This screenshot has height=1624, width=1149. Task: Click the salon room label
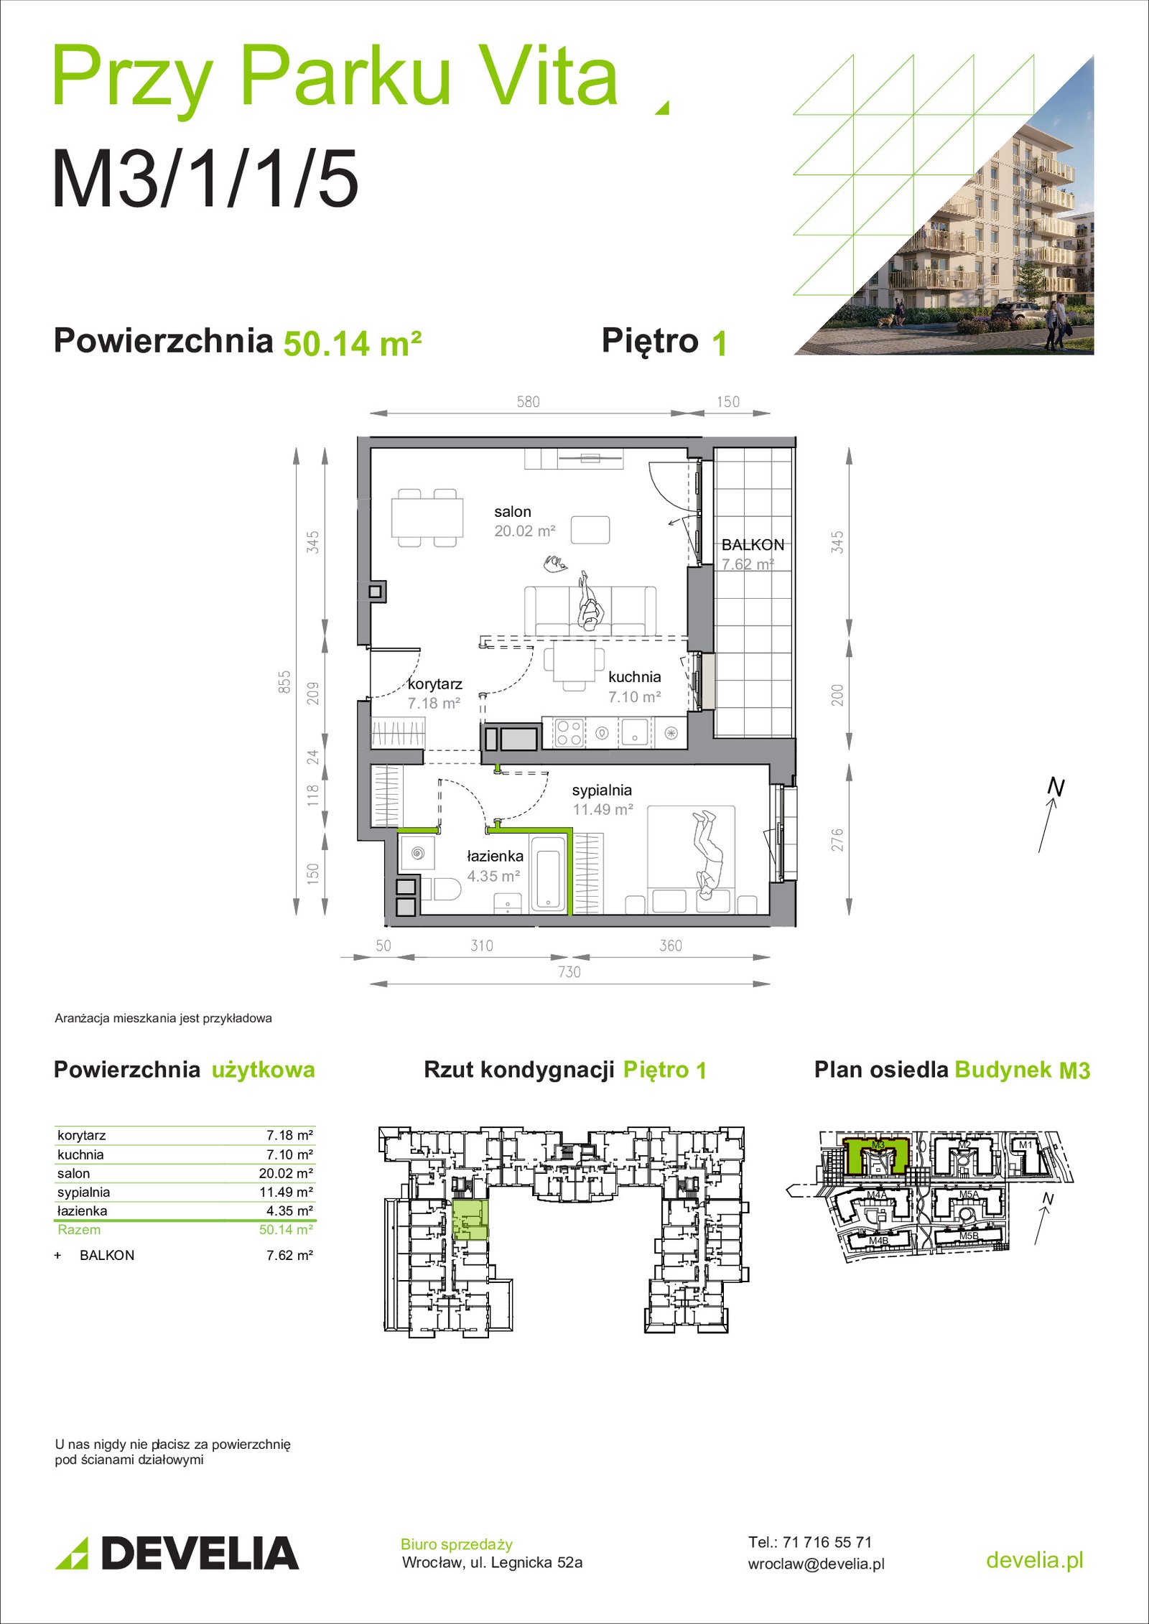point(512,512)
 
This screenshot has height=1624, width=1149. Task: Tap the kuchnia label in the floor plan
point(634,677)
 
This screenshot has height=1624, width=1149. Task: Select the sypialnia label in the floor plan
point(602,790)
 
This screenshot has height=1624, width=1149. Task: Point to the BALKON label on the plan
point(753,545)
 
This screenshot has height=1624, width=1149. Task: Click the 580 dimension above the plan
point(528,402)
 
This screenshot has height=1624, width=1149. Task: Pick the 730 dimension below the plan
point(569,972)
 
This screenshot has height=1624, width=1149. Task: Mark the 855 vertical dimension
point(285,681)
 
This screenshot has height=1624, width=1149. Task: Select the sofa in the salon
point(590,610)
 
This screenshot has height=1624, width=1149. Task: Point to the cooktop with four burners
point(569,732)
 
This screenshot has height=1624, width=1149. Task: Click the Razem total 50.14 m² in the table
point(286,1229)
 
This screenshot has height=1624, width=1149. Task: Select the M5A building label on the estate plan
point(969,1195)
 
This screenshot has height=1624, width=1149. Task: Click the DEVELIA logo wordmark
point(200,1554)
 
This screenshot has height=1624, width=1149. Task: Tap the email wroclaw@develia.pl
point(816,1564)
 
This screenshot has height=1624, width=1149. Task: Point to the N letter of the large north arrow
point(1056,787)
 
